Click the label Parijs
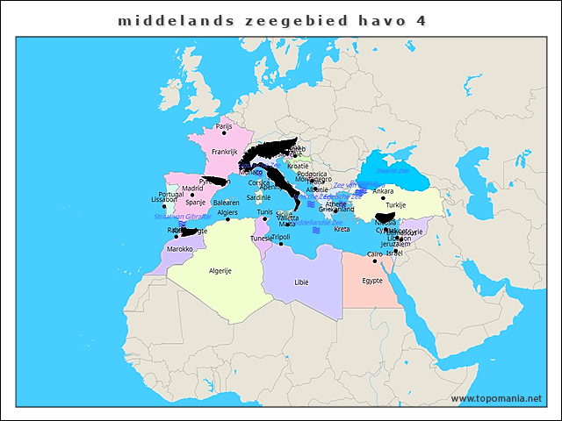(x=224, y=126)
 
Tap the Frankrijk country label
(x=225, y=152)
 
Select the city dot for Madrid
(x=192, y=195)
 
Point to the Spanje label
(x=195, y=203)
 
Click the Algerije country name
(x=220, y=271)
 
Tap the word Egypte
(x=372, y=281)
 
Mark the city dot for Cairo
(x=374, y=261)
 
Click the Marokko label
(x=180, y=249)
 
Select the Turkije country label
(x=396, y=205)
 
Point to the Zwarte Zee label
(x=392, y=171)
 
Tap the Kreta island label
(x=342, y=229)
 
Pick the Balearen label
(x=226, y=203)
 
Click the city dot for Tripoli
(x=281, y=244)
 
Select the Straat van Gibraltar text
(x=182, y=216)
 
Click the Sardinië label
(x=258, y=197)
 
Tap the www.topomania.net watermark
(x=496, y=398)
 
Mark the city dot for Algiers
(x=227, y=219)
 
